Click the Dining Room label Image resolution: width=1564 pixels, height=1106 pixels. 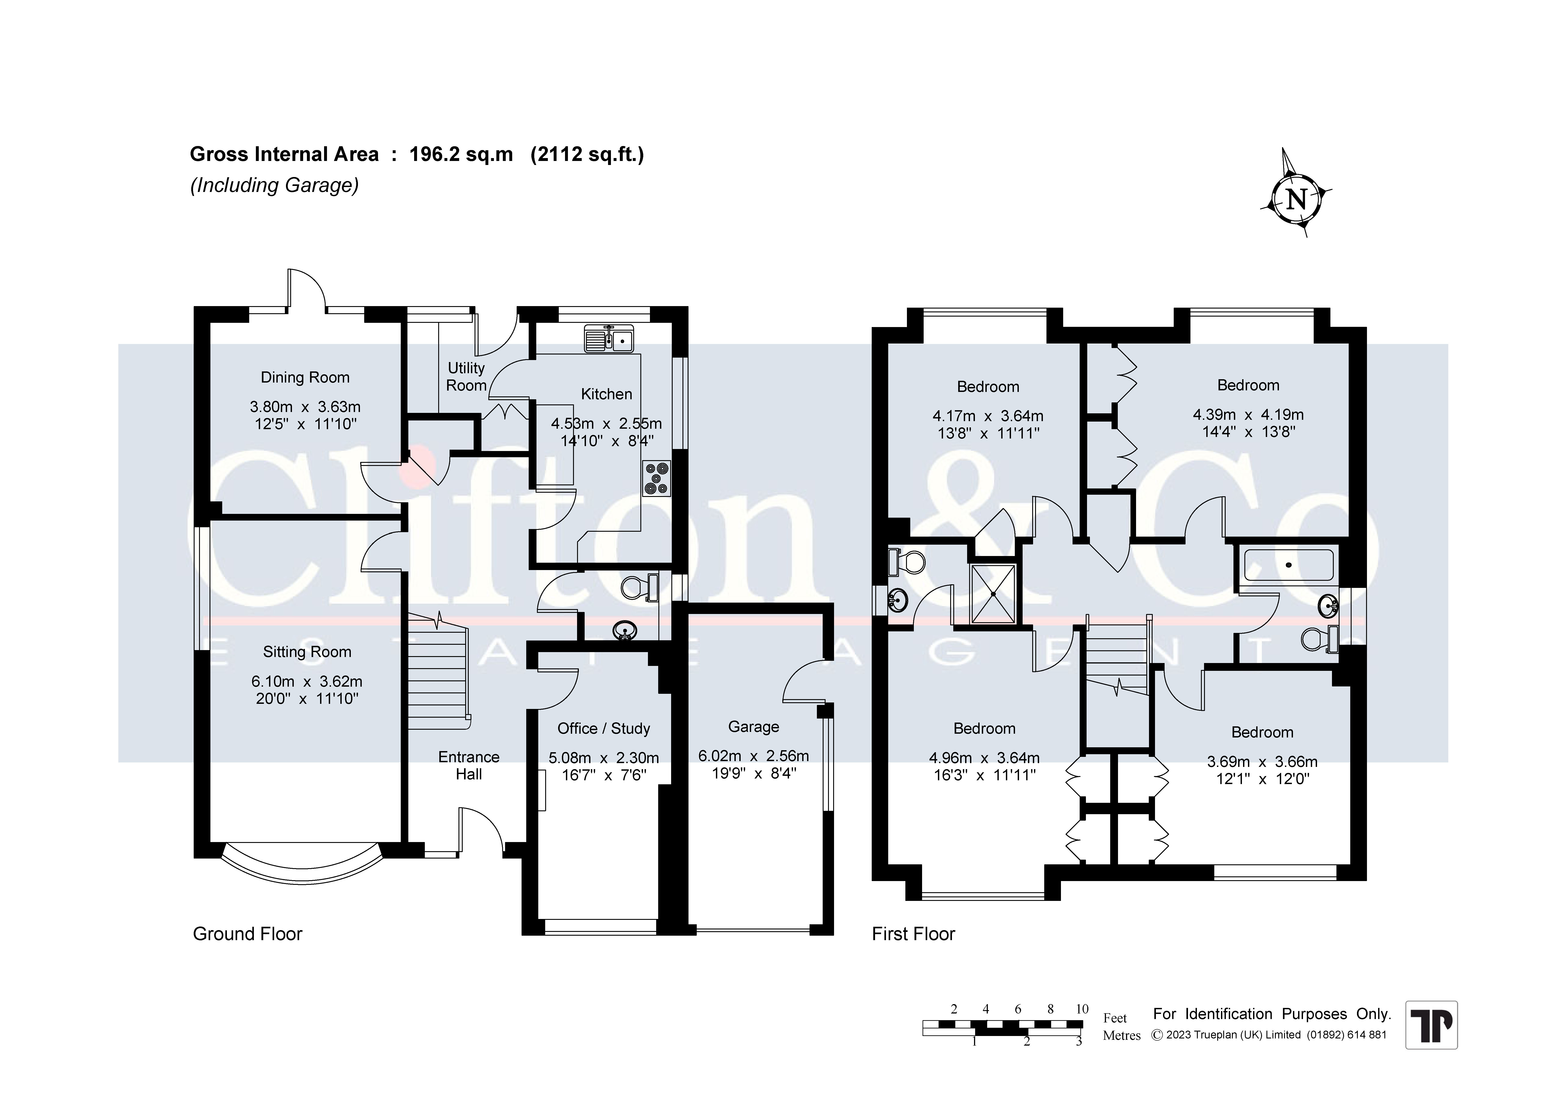(x=305, y=377)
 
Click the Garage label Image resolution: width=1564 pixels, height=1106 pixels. (x=753, y=727)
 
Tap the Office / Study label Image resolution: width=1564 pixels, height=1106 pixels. (x=604, y=729)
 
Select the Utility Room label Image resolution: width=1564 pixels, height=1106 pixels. (x=466, y=376)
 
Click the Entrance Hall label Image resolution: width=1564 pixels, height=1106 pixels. (x=469, y=765)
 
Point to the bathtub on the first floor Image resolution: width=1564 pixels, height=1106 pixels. (x=1288, y=565)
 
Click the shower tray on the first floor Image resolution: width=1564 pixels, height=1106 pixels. (x=993, y=593)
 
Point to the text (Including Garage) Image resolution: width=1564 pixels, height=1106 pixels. (x=275, y=185)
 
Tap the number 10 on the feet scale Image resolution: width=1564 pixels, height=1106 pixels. (x=1082, y=1009)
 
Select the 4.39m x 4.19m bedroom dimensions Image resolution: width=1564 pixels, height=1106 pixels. (x=1248, y=414)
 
